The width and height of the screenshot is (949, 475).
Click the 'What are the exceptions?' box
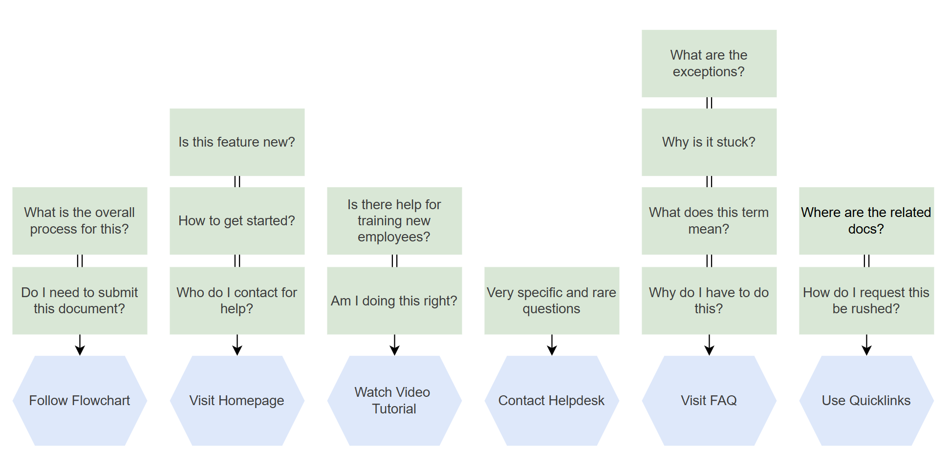click(709, 64)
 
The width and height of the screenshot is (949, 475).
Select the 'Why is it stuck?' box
click(709, 142)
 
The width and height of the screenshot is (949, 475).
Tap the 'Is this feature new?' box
click(237, 142)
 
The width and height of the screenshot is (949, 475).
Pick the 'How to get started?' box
click(237, 221)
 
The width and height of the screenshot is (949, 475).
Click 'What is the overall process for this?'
click(80, 221)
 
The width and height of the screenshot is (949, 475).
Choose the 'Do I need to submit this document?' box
click(80, 301)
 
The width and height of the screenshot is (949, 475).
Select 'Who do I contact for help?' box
click(237, 301)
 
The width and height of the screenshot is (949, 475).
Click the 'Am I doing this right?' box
click(394, 301)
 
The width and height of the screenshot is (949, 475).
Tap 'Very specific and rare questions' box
click(552, 301)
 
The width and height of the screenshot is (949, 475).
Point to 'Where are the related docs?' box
click(866, 221)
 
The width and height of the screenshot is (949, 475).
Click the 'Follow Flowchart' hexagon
click(80, 401)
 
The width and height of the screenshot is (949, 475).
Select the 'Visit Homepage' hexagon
click(237, 401)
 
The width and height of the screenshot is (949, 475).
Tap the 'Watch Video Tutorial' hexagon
click(394, 401)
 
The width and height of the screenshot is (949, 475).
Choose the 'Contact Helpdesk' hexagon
click(552, 401)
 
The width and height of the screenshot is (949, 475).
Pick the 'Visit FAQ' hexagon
click(709, 401)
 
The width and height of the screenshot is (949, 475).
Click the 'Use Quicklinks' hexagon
click(866, 401)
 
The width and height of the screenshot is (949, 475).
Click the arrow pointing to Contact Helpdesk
click(552, 345)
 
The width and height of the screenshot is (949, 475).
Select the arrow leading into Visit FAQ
click(709, 345)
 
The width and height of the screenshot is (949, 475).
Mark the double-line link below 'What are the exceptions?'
click(709, 103)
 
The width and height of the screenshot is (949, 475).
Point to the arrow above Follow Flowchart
click(80, 345)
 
